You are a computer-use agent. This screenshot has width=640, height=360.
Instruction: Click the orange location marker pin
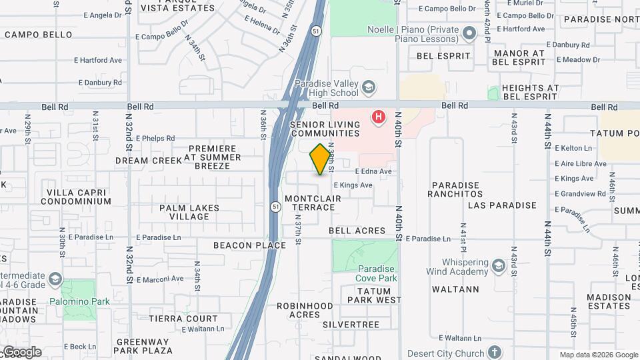(x=321, y=159)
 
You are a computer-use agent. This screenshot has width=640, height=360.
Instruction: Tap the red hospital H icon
(x=379, y=118)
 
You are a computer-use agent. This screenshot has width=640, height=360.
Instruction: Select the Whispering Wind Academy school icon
(x=498, y=267)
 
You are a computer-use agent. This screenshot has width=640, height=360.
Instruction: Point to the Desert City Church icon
(x=494, y=352)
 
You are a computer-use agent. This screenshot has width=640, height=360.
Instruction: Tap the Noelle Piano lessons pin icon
(x=470, y=32)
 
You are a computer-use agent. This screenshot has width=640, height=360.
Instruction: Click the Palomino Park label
(x=79, y=301)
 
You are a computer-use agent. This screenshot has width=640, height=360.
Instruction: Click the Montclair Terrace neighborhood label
(x=309, y=203)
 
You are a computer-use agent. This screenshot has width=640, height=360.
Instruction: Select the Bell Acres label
(x=357, y=231)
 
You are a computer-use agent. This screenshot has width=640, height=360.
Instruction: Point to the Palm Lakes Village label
(x=189, y=212)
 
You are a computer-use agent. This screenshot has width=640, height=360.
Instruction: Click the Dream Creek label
(x=149, y=161)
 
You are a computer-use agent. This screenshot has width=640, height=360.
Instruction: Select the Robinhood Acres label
(x=305, y=310)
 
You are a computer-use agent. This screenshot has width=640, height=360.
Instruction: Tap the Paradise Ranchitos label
(x=457, y=189)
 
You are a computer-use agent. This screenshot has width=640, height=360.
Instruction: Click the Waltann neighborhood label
(x=455, y=289)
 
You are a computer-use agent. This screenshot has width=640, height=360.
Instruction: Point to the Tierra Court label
(x=183, y=319)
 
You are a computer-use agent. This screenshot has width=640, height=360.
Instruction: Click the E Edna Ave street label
(x=373, y=171)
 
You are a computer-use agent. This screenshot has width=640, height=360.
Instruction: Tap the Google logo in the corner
(x=22, y=352)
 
